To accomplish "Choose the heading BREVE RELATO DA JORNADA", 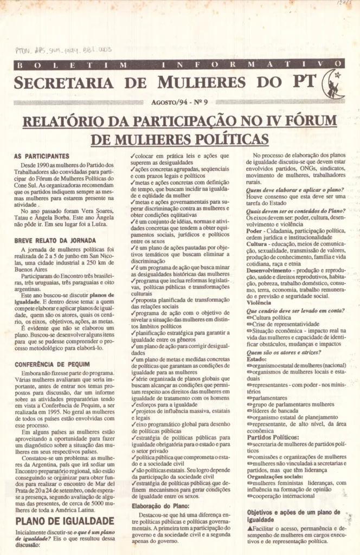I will click(x=55, y=240).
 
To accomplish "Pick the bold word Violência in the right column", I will click(x=258, y=304).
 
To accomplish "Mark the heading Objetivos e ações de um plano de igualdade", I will click(x=293, y=515).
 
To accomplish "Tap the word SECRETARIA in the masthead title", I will click(x=63, y=83).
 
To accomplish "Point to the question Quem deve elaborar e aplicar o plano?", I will click(x=287, y=190).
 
